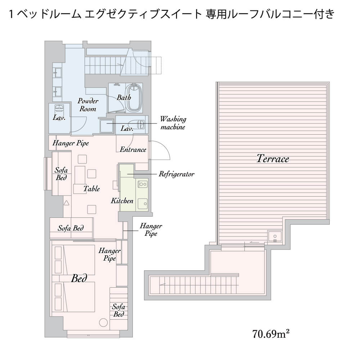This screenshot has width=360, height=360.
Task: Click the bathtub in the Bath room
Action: tap(134, 98)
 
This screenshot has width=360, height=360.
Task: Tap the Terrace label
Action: tap(273, 159)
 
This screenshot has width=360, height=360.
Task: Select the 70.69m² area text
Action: tap(271, 334)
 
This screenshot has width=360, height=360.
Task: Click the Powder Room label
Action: tap(88, 105)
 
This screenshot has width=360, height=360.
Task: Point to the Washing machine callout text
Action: tap(173, 123)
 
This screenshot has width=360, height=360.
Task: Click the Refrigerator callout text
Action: tap(176, 174)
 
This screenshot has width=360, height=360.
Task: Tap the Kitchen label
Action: tap(122, 201)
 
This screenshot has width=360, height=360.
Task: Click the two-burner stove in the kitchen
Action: tap(143, 184)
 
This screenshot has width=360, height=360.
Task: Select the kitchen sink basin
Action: tap(143, 204)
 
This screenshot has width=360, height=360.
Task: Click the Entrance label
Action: tap(133, 149)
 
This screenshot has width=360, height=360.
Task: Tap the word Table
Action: tap(91, 189)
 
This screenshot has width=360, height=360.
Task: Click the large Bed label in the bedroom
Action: tap(79, 278)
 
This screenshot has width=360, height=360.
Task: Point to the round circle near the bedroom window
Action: tap(103, 322)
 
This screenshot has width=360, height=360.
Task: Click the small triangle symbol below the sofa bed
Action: tap(66, 203)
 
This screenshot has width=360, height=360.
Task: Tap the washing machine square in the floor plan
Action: tap(107, 126)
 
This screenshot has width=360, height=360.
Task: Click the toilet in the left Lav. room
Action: tap(59, 108)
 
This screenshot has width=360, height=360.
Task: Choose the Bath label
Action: tap(124, 97)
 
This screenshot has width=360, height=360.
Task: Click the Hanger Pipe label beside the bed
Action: tap(109, 255)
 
